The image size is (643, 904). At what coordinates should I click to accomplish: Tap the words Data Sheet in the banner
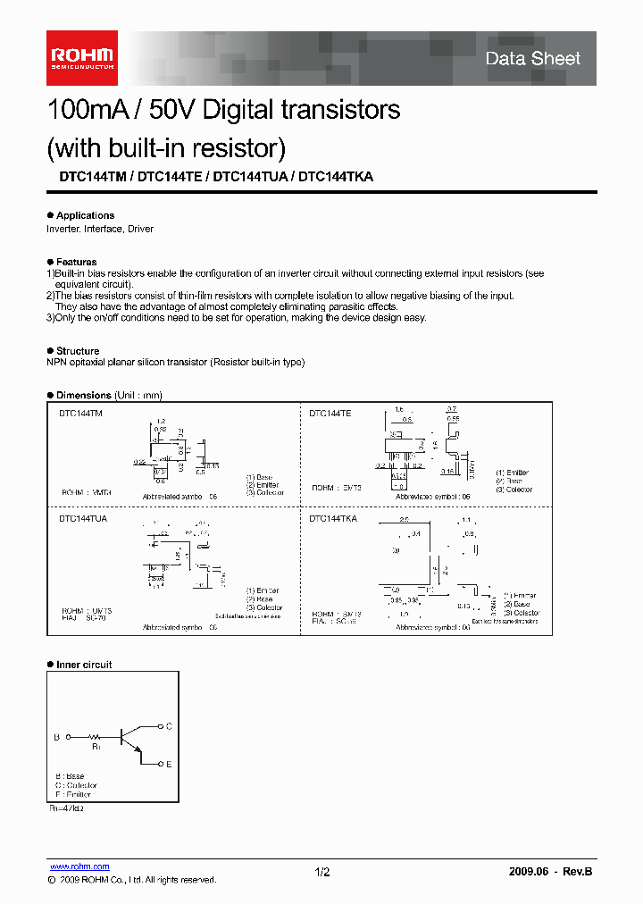tap(533, 59)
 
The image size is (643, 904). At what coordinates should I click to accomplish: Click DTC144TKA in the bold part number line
tap(336, 177)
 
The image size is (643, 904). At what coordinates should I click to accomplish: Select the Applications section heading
tap(85, 215)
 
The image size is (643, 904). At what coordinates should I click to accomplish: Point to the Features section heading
tap(76, 262)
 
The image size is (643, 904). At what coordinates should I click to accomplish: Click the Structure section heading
tap(78, 351)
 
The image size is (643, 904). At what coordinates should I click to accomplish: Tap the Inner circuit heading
tap(84, 665)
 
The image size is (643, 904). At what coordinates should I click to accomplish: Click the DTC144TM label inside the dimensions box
tap(81, 414)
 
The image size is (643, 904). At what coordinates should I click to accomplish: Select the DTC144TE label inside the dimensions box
tap(330, 414)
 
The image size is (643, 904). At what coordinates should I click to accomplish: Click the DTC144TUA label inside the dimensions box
tap(83, 518)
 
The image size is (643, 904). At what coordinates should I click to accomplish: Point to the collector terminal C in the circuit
tap(169, 726)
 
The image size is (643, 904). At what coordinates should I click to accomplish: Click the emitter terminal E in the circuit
tap(169, 765)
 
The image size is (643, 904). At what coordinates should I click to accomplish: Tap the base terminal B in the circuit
tap(56, 737)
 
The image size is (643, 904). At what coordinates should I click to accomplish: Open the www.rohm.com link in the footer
tap(79, 866)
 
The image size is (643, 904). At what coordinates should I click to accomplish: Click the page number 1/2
tap(322, 872)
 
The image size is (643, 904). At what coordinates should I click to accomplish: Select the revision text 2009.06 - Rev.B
tap(548, 872)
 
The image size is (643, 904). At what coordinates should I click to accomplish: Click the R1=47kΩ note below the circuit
tap(66, 807)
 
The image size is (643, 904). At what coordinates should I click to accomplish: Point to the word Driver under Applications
tap(140, 229)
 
